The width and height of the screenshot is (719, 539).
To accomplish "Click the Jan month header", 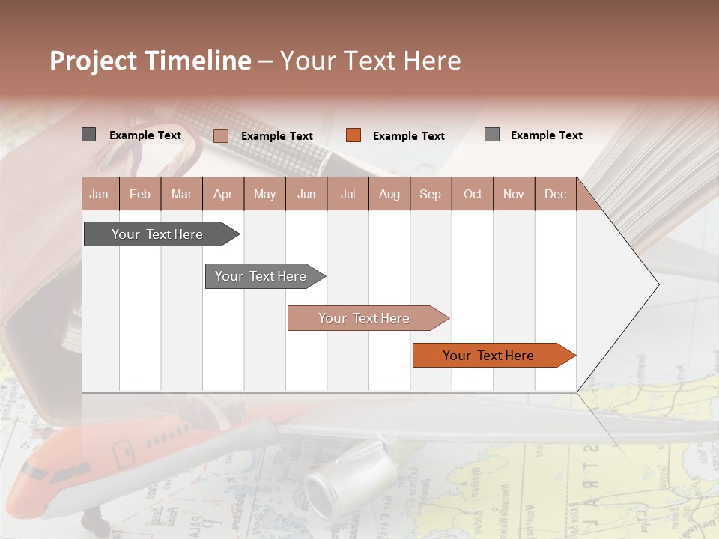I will point(99,194).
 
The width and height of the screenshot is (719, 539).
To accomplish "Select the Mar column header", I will point(181,194).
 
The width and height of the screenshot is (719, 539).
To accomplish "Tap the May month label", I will point(264,194).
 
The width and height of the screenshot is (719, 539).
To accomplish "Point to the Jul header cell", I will point(348,194).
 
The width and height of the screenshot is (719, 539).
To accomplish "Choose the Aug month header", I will point(389,194).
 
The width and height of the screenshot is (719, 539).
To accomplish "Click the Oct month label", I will point(473,194).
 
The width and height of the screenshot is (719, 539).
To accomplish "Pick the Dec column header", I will point(555,194).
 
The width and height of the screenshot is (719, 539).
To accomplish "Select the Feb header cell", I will point(140,194).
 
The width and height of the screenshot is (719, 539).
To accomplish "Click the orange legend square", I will point(354,135).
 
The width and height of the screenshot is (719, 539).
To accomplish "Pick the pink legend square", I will point(221,135).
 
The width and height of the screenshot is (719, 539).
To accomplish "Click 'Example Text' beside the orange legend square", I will point(408,136).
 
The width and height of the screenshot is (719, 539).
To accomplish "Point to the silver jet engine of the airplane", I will point(351,480).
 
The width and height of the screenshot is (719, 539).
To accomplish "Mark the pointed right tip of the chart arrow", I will point(658,284).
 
